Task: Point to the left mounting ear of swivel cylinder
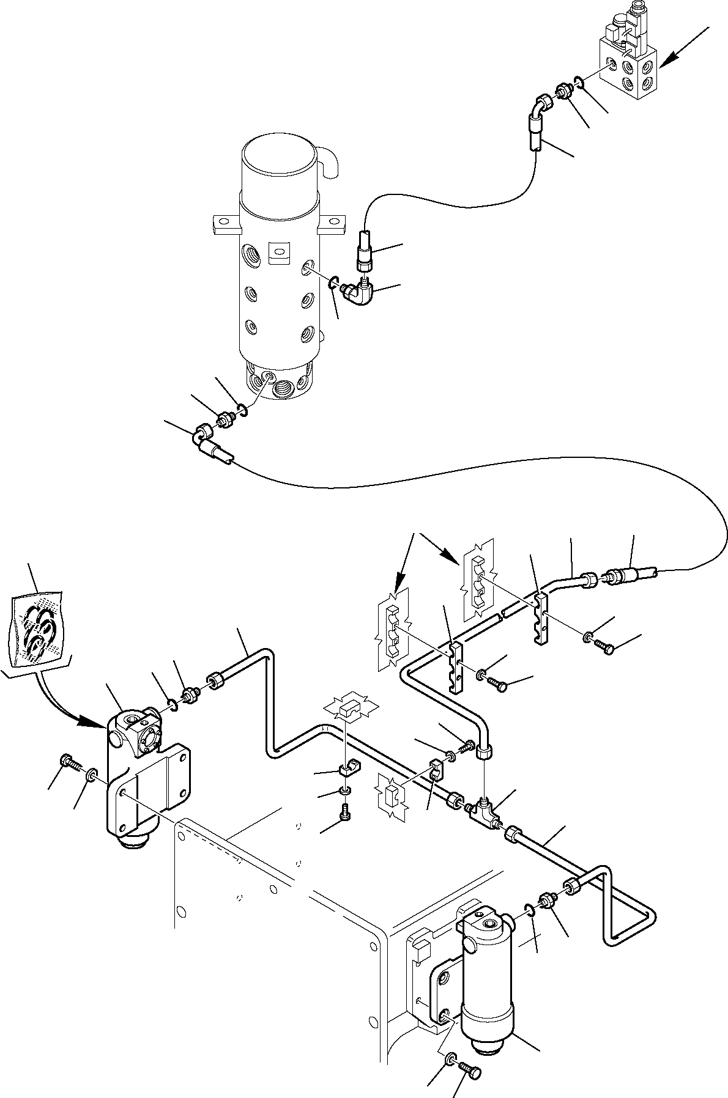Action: (x=224, y=223)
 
